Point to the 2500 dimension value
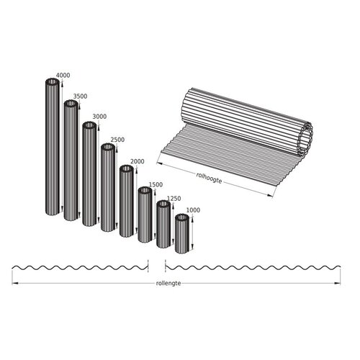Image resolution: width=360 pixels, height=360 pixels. [x=116, y=139]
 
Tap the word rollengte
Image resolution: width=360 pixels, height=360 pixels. [x=168, y=283]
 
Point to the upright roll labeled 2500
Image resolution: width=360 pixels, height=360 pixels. [x=108, y=187]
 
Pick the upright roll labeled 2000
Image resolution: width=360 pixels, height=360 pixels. [x=127, y=201]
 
